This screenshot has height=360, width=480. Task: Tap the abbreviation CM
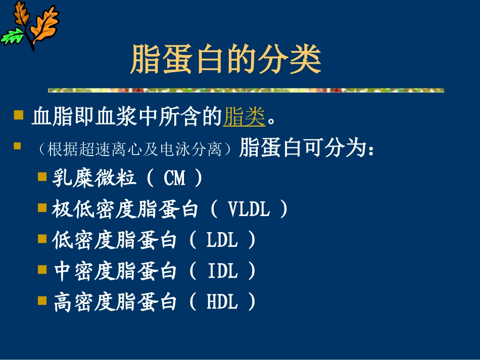pyautogui.click(x=175, y=178)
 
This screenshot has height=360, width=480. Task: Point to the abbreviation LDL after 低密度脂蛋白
pyautogui.click(x=222, y=240)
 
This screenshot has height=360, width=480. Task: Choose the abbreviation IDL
pyautogui.click(x=222, y=272)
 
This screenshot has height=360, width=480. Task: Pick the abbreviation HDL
pyautogui.click(x=222, y=302)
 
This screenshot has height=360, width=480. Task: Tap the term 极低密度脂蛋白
pyautogui.click(x=124, y=210)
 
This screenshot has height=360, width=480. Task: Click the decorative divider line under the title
pyautogui.click(x=246, y=90)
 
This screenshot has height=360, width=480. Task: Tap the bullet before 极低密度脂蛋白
pyautogui.click(x=42, y=207)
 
